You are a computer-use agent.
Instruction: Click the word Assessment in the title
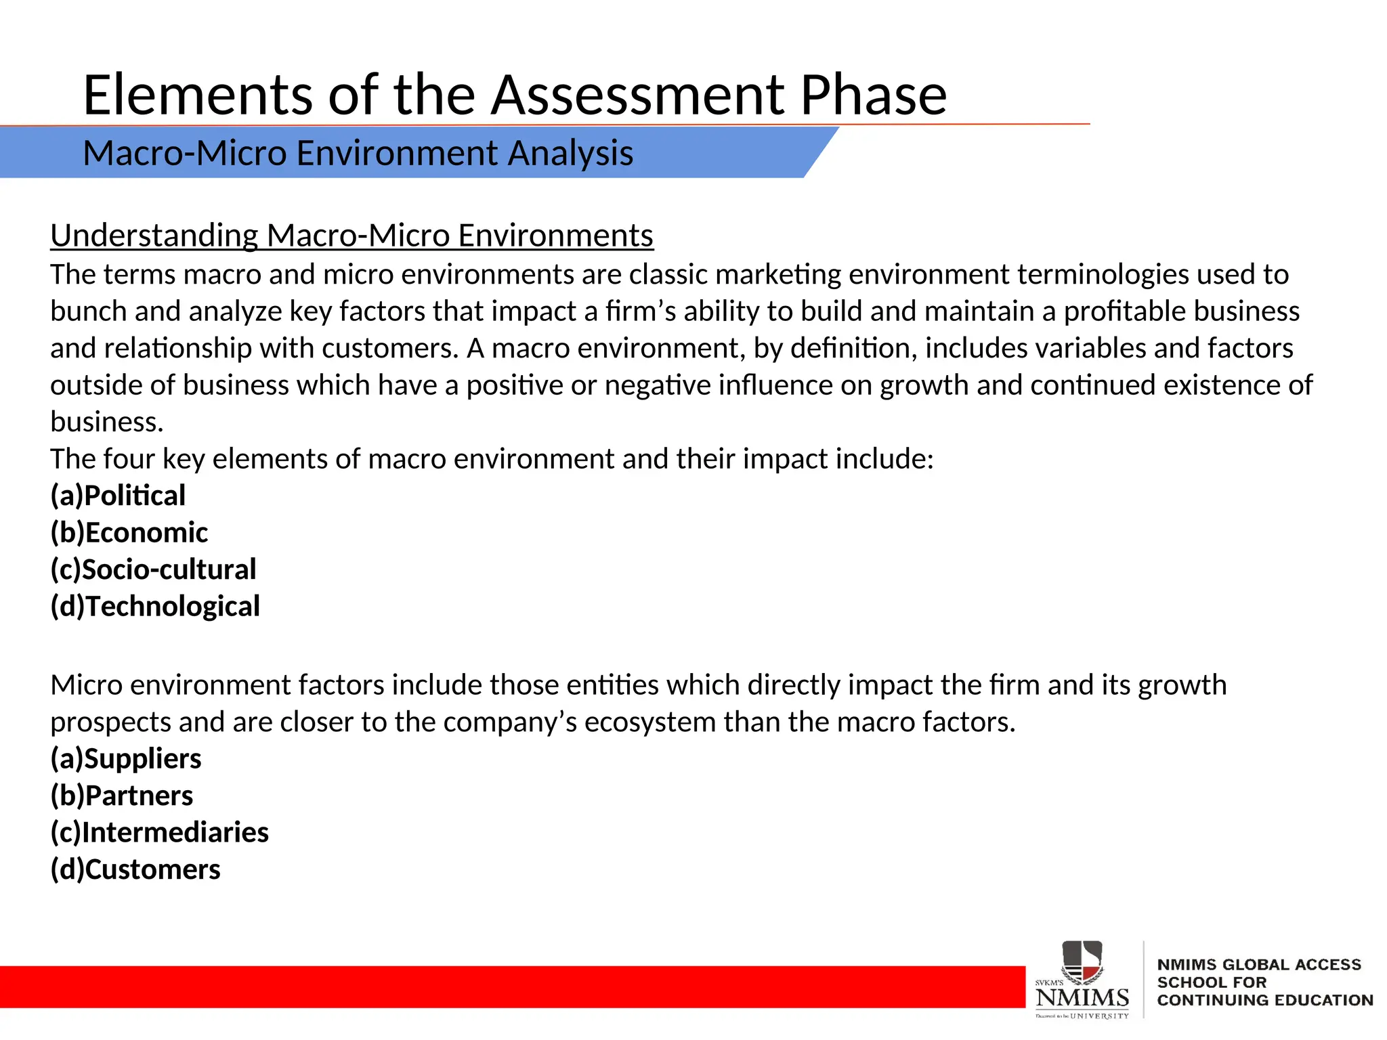point(637,95)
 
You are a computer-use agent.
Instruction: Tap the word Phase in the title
point(873,95)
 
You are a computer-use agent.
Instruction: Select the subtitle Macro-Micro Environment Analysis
point(358,153)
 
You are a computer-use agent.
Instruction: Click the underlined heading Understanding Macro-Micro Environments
point(351,236)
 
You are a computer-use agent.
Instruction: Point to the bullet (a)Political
point(118,496)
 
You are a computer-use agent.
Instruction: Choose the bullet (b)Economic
point(129,533)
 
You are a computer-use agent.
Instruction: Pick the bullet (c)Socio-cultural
point(154,569)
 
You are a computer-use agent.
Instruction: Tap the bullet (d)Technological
point(155,607)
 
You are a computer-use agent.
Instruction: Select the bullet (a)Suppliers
point(126,759)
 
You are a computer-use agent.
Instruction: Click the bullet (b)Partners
point(122,796)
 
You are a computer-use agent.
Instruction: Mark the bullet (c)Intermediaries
point(160,833)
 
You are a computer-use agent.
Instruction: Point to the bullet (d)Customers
point(135,870)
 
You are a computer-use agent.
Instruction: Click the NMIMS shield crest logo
point(1082,962)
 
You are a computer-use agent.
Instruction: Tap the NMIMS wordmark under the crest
point(1082,997)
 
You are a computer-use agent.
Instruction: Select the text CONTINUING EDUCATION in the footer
point(1264,1000)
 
